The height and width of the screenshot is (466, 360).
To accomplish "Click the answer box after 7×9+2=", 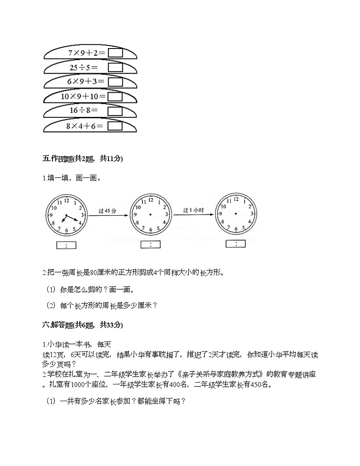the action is [x=116, y=53].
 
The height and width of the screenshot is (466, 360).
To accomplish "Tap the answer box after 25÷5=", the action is [x=116, y=68].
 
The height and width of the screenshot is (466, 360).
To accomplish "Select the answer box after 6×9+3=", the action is [x=116, y=82].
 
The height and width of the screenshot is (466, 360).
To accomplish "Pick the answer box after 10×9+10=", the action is [x=116, y=97].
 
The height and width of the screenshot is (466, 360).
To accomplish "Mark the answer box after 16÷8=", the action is [x=116, y=111].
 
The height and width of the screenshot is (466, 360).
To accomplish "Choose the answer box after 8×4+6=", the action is [x=116, y=126].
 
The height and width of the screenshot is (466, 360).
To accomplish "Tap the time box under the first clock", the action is [x=66, y=245].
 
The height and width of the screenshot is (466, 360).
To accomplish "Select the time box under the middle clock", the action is [x=150, y=245].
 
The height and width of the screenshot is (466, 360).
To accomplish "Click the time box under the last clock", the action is [x=235, y=244].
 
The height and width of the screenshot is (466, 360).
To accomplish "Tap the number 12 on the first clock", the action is [x=66, y=200].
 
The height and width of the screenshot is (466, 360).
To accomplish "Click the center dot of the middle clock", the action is [x=150, y=214].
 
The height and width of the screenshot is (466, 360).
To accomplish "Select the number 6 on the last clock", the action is [x=235, y=228].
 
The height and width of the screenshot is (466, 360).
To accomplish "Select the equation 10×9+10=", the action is [x=83, y=97].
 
